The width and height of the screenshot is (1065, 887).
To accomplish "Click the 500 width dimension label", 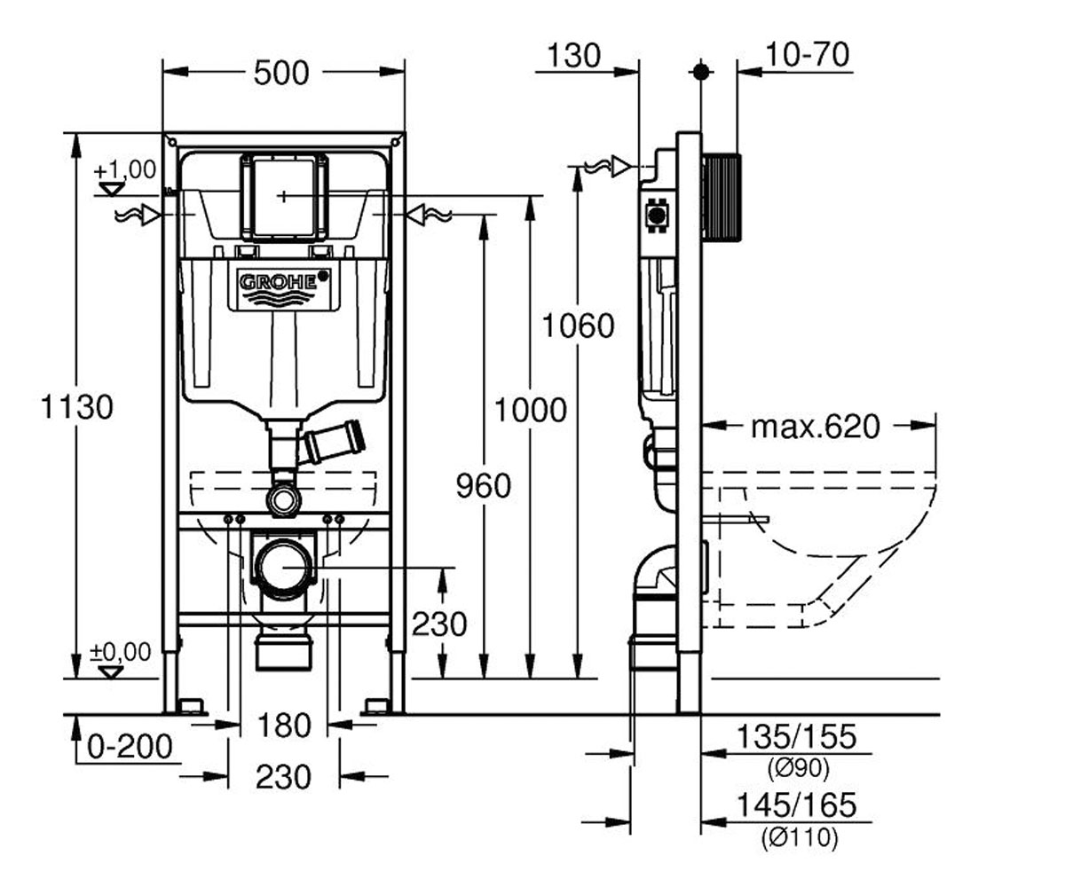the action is tap(281, 73).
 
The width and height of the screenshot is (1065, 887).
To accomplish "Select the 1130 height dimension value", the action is tap(76, 407).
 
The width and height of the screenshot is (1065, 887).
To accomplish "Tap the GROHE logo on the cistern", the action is tap(279, 282).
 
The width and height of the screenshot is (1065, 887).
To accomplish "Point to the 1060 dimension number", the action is tap(578, 326).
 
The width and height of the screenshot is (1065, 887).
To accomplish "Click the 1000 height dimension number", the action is tap(531, 410).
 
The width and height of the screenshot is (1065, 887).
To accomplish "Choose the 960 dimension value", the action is tap(483, 485).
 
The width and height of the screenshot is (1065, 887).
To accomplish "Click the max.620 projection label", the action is tap(816, 428).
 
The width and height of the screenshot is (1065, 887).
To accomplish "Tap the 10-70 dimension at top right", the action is tap(808, 54).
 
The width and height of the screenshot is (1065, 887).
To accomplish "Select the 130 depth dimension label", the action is tap(574, 56).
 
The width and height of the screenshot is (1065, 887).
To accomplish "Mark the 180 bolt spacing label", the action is tap(284, 726).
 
